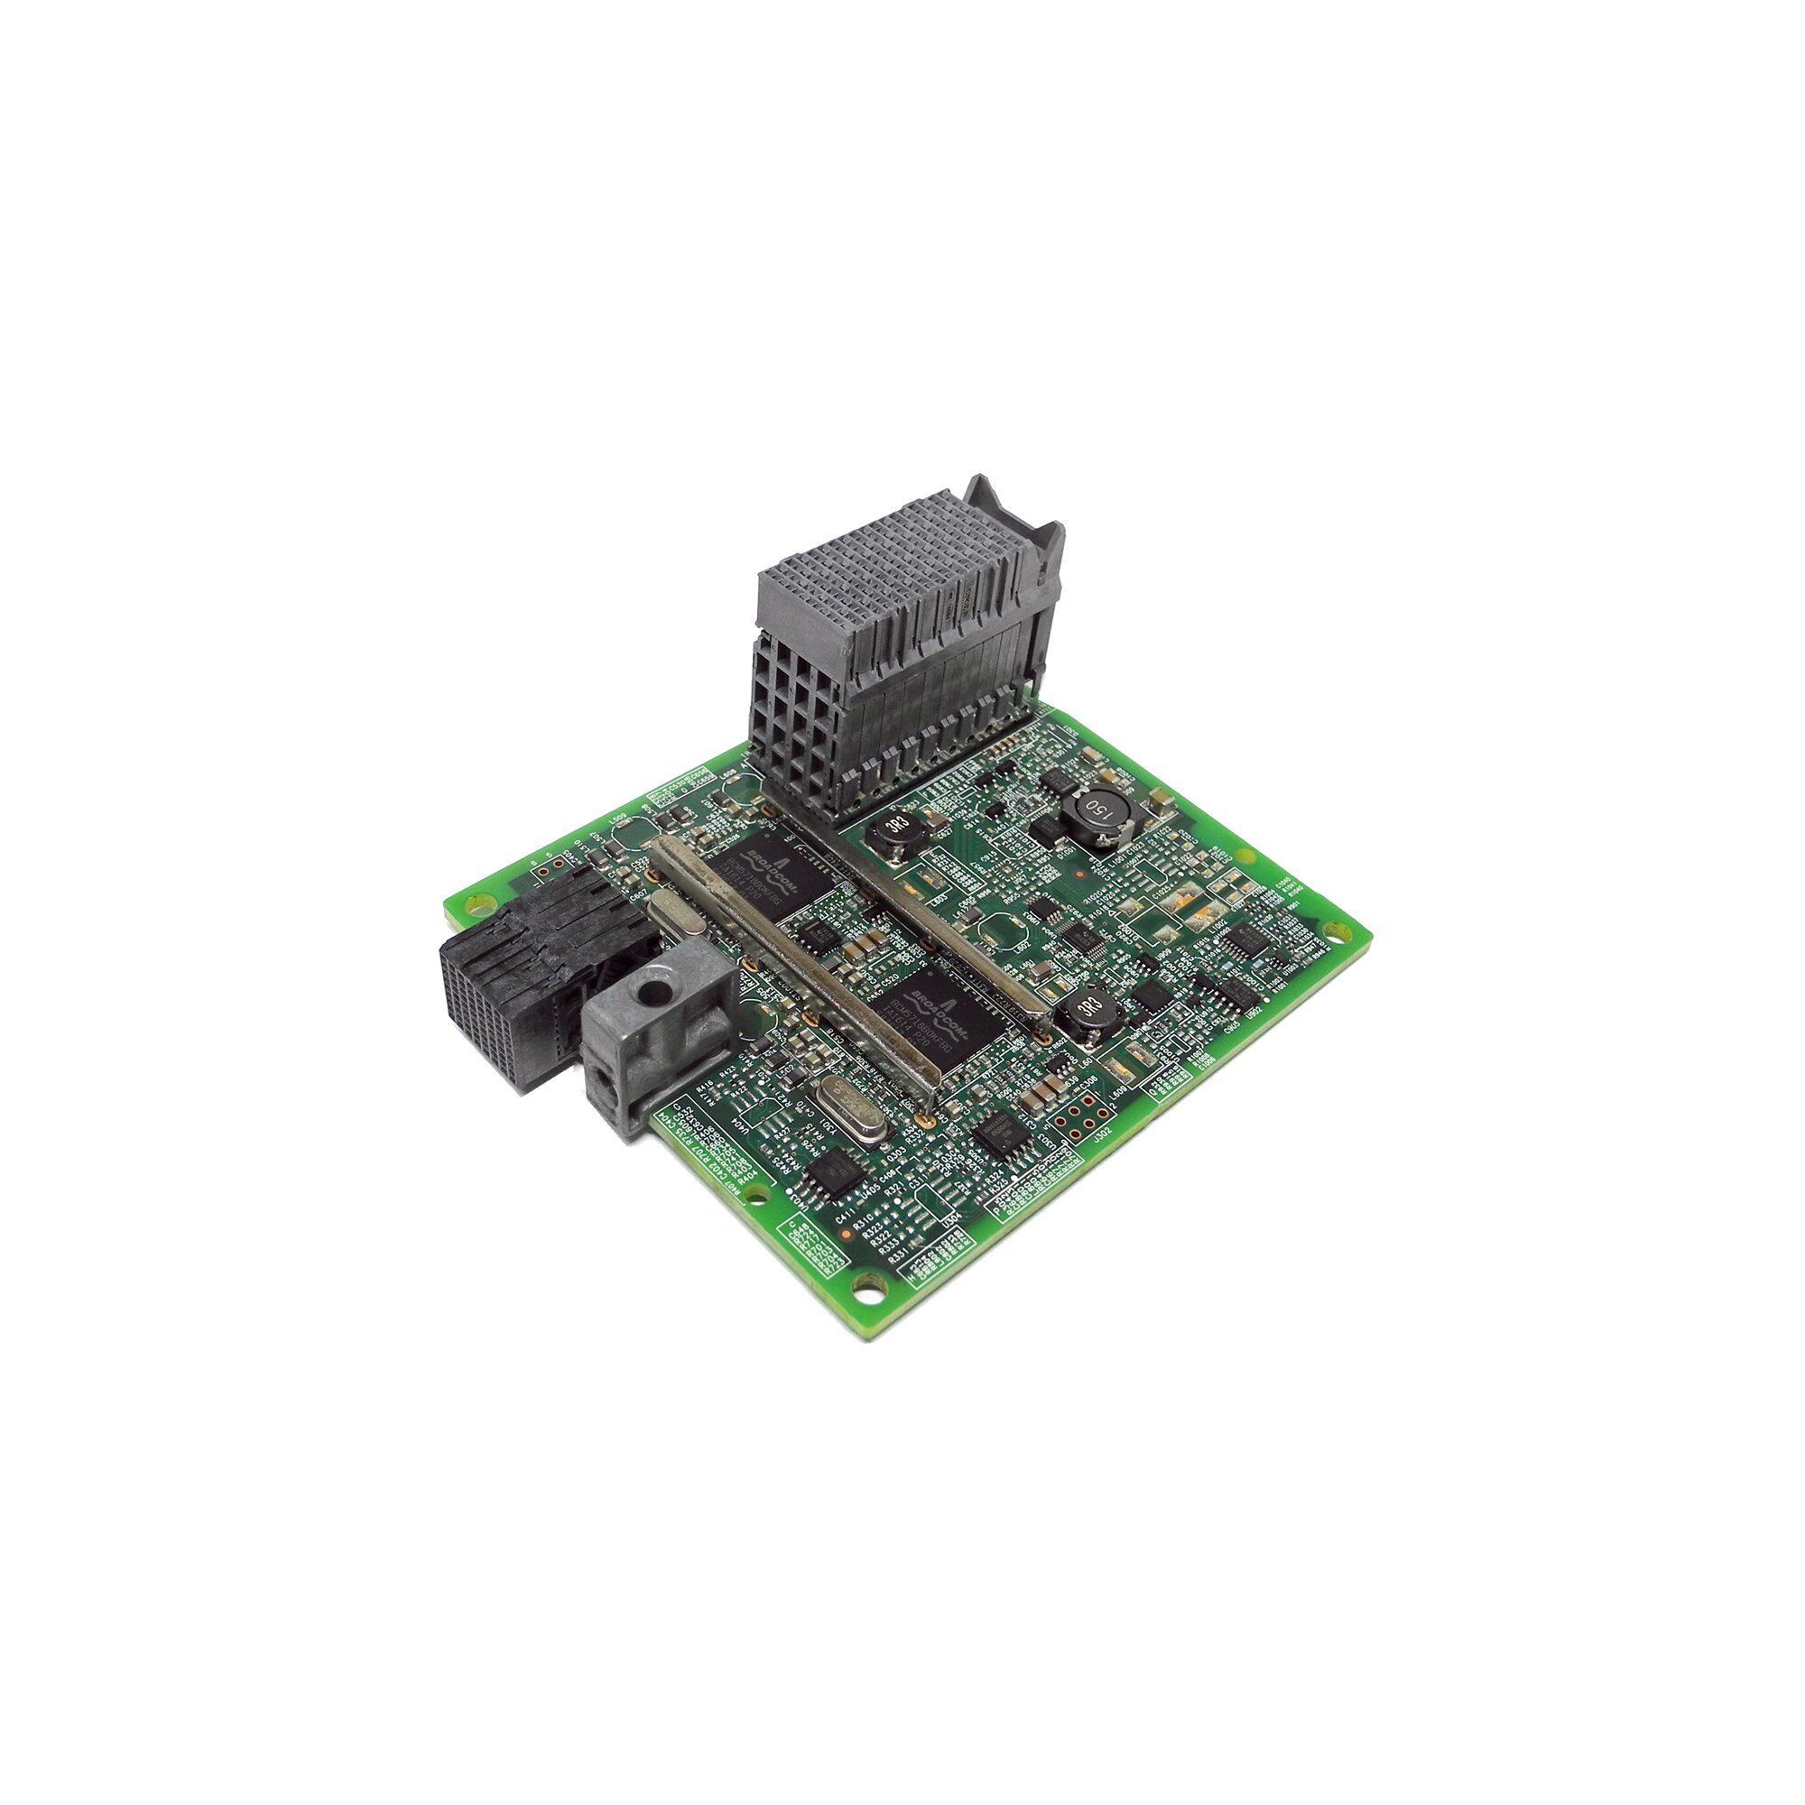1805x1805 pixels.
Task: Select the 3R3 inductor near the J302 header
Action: click(1086, 1007)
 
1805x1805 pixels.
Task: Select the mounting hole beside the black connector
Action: click(480, 904)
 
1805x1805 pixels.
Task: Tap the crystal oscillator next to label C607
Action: click(668, 910)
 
